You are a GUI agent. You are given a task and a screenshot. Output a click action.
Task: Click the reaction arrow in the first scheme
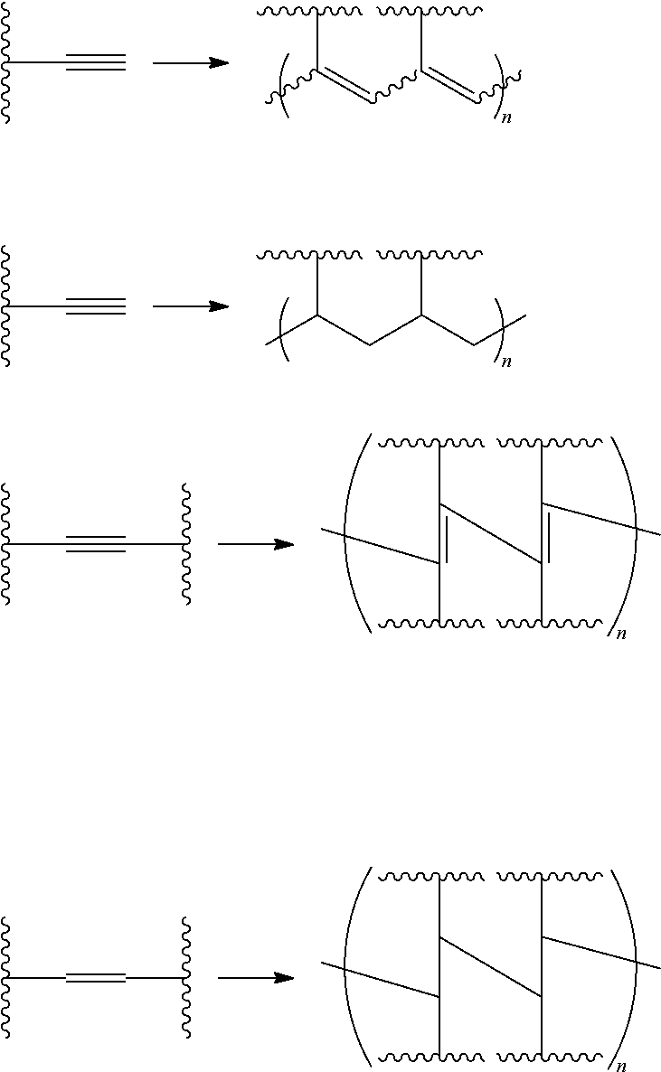[191, 62]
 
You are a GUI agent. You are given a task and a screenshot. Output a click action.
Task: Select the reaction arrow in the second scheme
[191, 306]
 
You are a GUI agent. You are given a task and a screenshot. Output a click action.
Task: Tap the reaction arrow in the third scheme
[256, 544]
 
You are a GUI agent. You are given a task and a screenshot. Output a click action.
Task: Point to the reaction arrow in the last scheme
[256, 978]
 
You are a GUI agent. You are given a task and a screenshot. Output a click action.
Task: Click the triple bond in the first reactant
[96, 62]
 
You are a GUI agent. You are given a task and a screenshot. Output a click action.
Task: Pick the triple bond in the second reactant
[96, 306]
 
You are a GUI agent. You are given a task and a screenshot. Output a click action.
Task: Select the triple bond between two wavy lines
[96, 544]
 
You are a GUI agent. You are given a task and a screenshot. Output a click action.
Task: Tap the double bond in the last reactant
[96, 978]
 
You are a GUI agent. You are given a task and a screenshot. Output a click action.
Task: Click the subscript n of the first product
[506, 118]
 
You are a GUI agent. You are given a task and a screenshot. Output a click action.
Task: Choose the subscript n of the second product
[506, 362]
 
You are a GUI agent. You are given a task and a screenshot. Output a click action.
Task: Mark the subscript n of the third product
[621, 635]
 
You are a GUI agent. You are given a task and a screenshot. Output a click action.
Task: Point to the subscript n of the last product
[621, 1067]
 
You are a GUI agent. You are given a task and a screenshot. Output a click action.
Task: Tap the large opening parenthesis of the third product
[353, 533]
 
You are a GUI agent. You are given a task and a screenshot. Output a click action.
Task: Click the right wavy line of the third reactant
[186, 544]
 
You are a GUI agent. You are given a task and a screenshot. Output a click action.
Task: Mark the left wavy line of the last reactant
[6, 978]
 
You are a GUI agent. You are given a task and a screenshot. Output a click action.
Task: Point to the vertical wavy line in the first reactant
[6, 62]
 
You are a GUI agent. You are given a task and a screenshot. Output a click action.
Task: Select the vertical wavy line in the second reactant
[6, 306]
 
